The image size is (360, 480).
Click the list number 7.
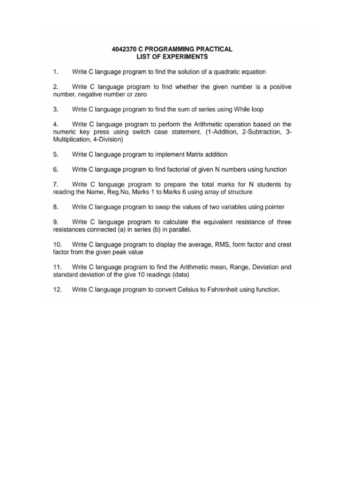pyautogui.click(x=55, y=185)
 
